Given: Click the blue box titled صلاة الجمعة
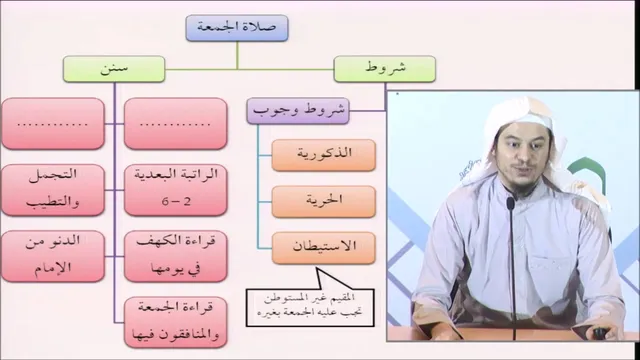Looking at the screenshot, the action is point(237,28).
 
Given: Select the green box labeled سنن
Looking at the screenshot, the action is point(114,69).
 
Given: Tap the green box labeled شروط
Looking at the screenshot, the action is point(384,69).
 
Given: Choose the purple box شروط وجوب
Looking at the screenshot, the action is point(298,111).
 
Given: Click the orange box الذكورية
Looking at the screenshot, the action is point(324,155).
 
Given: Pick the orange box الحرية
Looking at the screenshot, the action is point(324,202).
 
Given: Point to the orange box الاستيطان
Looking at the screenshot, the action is point(324,248).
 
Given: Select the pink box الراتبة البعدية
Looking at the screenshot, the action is point(176,190).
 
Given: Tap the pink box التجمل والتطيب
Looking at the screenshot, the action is point(53,190).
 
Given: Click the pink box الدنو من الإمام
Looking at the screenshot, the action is point(53,256).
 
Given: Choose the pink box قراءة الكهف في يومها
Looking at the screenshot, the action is point(176,256).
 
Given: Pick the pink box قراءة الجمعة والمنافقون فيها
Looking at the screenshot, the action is point(176,322).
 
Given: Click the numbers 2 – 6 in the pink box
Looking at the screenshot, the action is point(176,202).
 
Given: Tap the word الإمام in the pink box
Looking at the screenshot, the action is point(53,268).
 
